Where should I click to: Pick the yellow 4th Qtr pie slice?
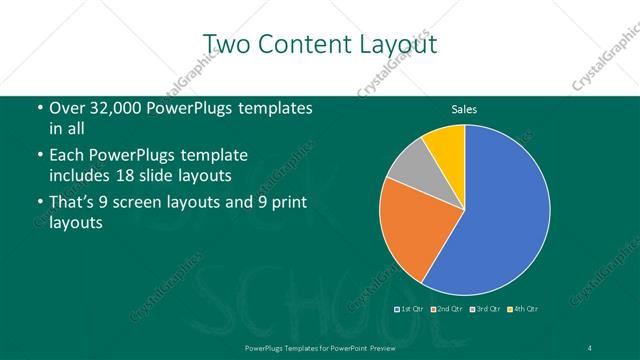(x=446, y=149)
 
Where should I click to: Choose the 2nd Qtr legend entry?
(x=447, y=308)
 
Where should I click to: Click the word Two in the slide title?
(x=229, y=44)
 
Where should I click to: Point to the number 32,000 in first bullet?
(x=112, y=109)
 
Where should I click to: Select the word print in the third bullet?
(x=286, y=204)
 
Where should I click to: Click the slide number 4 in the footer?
(x=590, y=347)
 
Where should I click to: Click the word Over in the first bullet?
(x=66, y=109)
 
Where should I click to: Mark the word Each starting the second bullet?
(x=67, y=156)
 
